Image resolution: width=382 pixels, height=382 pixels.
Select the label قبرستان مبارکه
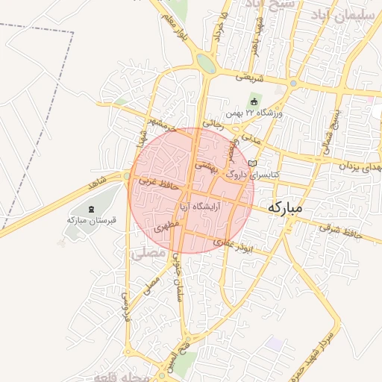84,220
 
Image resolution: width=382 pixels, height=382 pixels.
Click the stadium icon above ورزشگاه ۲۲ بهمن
254,101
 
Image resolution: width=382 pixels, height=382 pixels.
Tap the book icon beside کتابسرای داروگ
252,163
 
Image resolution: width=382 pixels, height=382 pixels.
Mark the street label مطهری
165,226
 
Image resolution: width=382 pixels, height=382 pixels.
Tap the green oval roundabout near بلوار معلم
207,65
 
